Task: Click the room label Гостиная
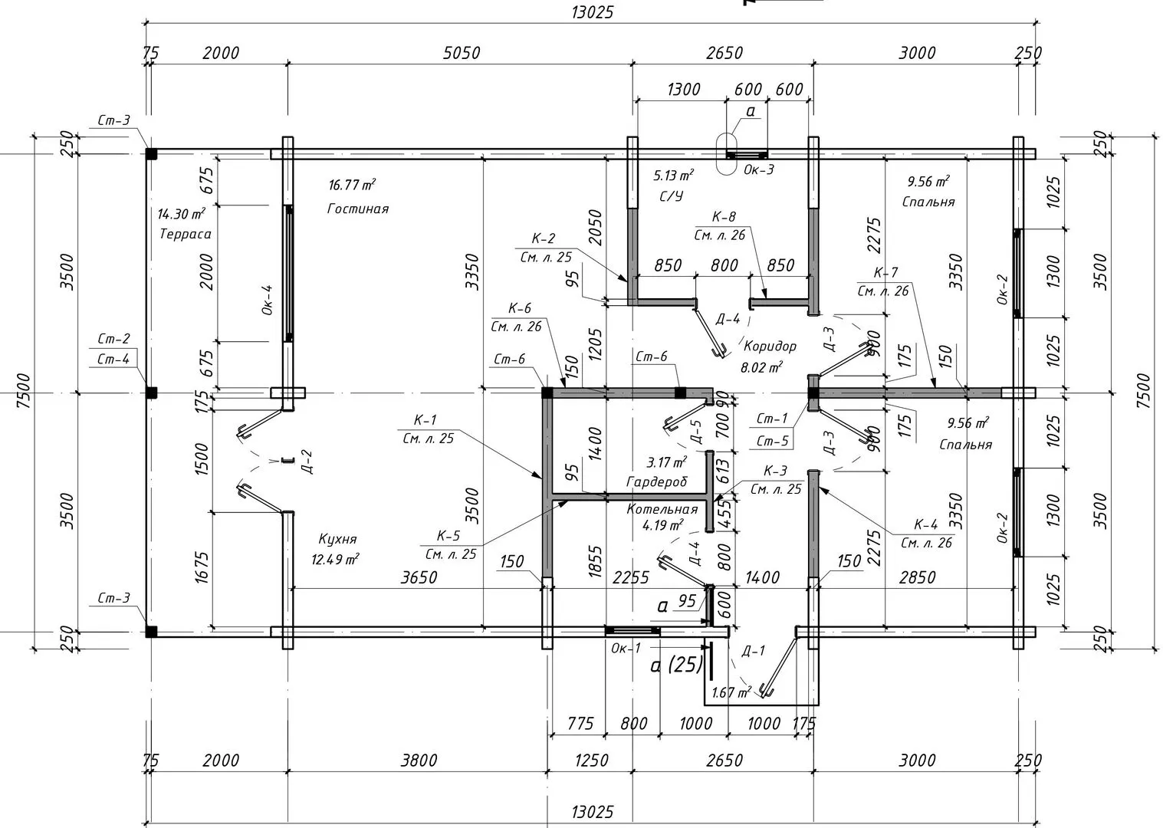(x=358, y=209)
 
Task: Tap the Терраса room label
(x=185, y=234)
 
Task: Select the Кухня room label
(x=334, y=539)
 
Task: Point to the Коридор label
(x=770, y=346)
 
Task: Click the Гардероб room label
(x=657, y=481)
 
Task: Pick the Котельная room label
(x=662, y=509)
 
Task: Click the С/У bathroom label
(x=670, y=196)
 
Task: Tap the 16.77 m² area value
(x=352, y=185)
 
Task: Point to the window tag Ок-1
(x=626, y=649)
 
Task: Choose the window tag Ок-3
(x=759, y=169)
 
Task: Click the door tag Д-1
(x=753, y=652)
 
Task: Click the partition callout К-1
(x=425, y=420)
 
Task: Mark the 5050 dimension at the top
(x=462, y=53)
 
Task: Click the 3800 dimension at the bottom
(x=419, y=761)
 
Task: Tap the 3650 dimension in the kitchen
(x=419, y=577)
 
